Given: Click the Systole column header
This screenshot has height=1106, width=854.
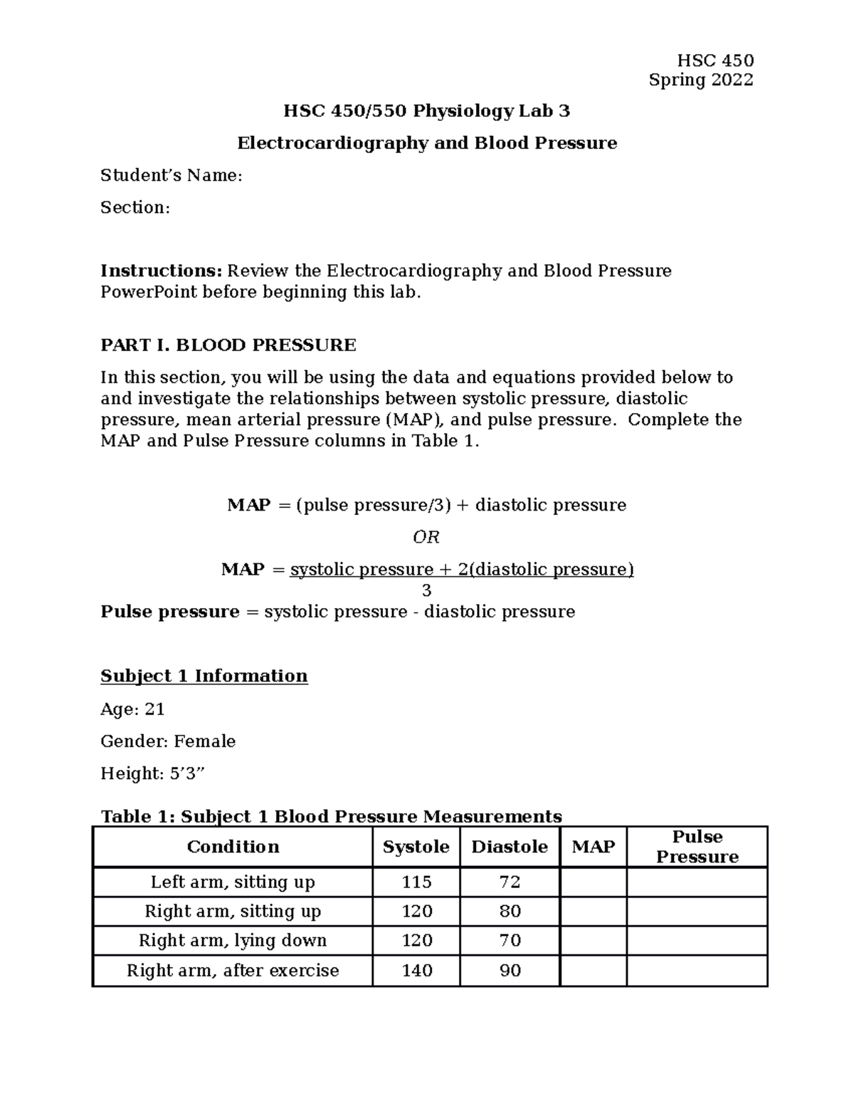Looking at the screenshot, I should tap(416, 847).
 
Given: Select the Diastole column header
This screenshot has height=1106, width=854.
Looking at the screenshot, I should tap(510, 847).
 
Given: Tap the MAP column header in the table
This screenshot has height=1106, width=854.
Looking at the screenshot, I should tap(594, 847).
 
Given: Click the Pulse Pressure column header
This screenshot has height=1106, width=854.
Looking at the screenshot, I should tap(697, 847).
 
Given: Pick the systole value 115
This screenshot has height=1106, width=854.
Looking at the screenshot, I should tap(416, 882).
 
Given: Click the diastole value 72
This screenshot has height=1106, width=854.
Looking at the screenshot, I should tap(510, 882).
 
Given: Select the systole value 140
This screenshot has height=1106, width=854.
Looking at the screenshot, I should tap(416, 970).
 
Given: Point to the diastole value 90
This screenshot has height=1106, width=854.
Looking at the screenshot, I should tap(510, 970).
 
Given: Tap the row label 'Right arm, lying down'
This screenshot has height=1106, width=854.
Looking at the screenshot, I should tap(233, 941).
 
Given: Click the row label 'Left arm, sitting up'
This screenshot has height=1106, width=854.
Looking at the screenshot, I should tap(233, 882).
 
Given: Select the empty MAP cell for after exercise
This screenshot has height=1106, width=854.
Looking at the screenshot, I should tap(594, 970).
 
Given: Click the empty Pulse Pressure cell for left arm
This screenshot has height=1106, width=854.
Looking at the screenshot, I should tap(697, 882).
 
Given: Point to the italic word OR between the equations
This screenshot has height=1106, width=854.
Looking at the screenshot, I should tap(426, 537).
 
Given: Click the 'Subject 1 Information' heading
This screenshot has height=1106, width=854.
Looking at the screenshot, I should tap(204, 676).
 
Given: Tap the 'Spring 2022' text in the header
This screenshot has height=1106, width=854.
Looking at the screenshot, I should tap(701, 80).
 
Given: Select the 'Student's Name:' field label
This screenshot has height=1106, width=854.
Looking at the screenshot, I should tap(172, 175).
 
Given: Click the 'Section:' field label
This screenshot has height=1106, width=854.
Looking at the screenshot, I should tap(135, 207).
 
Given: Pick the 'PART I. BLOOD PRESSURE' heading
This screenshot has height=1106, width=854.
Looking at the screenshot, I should tap(228, 345).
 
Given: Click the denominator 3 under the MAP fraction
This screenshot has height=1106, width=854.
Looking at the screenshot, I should tap(426, 590).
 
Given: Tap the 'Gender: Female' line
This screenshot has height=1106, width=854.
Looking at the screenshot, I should tap(168, 741).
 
